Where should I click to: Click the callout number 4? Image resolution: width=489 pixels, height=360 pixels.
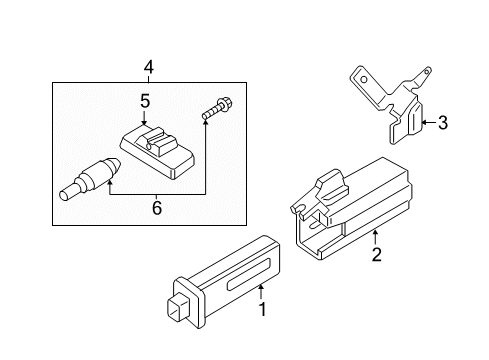pos(149,67)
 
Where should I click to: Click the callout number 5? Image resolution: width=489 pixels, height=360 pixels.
pos(145,101)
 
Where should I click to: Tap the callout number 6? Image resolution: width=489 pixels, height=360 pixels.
pos(157,208)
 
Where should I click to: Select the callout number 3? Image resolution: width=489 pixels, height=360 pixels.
pos(443,122)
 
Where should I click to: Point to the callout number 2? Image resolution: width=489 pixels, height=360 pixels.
pos(376,254)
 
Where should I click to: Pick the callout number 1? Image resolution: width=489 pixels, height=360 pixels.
pos(263,309)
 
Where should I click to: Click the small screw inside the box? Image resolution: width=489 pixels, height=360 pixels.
pos(217,107)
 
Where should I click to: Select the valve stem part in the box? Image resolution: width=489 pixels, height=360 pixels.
pos(90,179)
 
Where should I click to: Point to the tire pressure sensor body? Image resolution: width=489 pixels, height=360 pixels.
pos(157,152)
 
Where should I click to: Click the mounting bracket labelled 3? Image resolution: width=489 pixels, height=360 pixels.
pos(389,104)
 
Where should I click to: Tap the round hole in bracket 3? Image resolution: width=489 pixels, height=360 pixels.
pos(364,80)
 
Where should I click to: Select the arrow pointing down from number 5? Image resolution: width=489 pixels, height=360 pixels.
pos(144,118)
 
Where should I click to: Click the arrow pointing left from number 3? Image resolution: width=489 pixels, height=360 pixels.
pos(429,122)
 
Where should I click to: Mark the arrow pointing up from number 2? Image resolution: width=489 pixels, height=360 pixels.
pos(375,237)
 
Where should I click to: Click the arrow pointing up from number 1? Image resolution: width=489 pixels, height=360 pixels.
pos(261,292)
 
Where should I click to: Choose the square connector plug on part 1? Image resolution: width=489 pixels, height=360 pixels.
pos(178,308)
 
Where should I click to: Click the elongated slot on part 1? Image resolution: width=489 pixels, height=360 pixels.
pos(249,274)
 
